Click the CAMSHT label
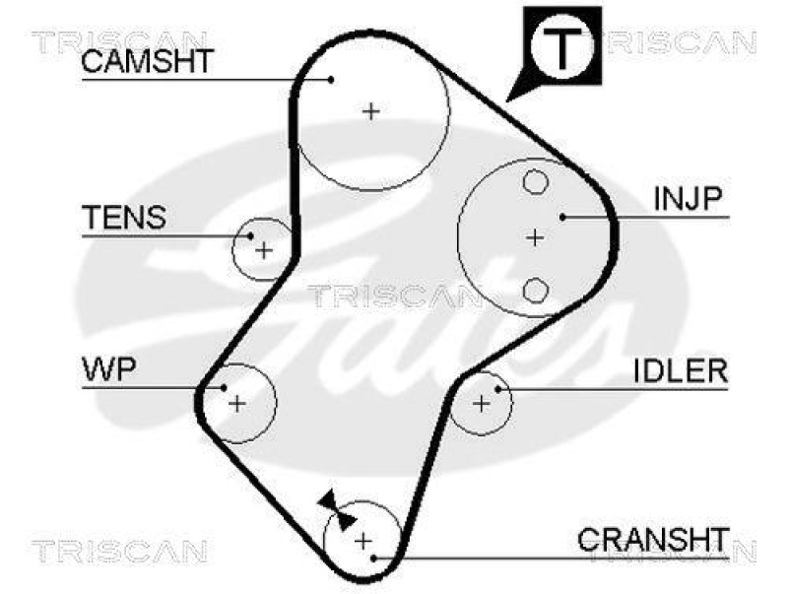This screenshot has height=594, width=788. pos(145,61)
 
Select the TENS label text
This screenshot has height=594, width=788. pos(123,218)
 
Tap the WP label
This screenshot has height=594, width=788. pos(108,369)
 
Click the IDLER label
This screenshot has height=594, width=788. pos(680,371)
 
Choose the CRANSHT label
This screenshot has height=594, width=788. pos(652,540)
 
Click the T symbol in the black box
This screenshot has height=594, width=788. pos(559,44)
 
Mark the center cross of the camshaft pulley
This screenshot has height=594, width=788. pos(371,111)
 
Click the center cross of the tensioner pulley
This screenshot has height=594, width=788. pos(263,250)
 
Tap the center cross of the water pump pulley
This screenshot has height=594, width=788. pos(236,402)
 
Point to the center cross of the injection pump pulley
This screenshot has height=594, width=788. pos(534,236)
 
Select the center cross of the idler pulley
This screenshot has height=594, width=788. pos(481,402)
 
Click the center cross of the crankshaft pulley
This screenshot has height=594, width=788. pos(362,540)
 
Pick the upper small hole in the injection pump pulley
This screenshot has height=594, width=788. pos(535,182)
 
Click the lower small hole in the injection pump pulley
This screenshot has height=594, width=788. pos(535,290)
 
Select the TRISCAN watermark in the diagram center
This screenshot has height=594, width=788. pos(394,295)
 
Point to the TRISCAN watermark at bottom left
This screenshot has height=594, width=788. pos(118,549)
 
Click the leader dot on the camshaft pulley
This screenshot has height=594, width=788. pos(332,79)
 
